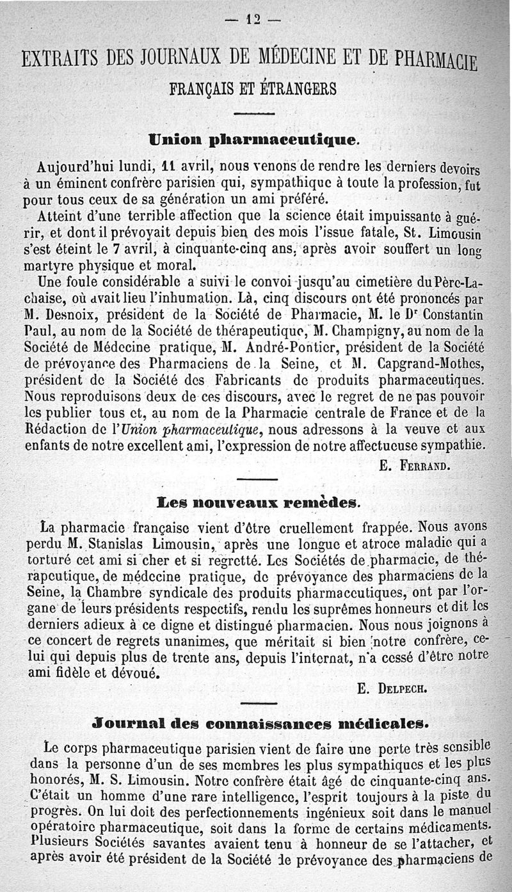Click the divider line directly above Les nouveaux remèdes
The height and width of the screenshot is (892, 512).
pyautogui.click(x=257, y=479)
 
